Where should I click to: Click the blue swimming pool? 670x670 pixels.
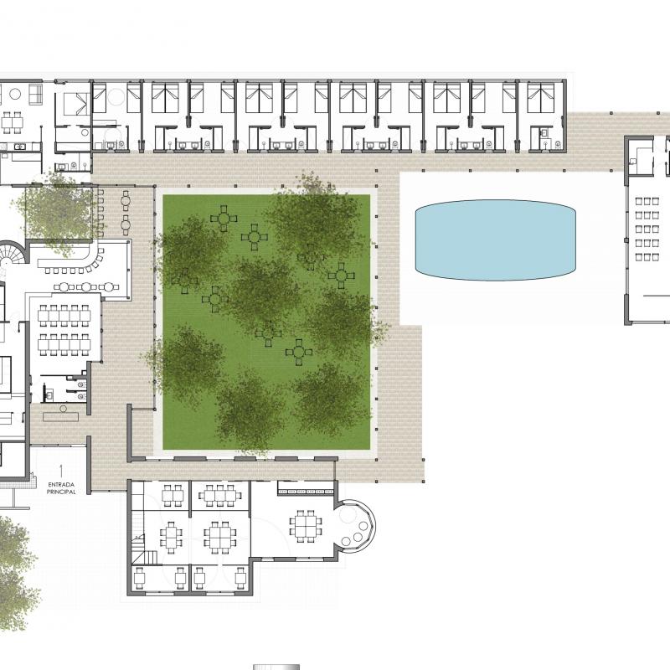tap(496, 240)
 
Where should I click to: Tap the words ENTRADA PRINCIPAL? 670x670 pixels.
tap(61, 488)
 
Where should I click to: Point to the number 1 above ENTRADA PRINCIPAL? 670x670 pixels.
tap(61, 472)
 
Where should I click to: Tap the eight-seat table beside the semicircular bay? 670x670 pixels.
tap(306, 526)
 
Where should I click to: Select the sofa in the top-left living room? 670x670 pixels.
tap(35, 94)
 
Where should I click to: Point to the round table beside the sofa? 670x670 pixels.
tap(15, 94)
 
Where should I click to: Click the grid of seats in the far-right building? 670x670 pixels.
tap(647, 229)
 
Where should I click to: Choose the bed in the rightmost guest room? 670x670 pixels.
tap(540, 98)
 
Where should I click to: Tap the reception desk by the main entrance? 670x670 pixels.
tap(60, 416)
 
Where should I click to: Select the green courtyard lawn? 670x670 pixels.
tap(266, 322)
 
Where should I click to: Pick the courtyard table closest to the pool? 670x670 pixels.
tap(342, 276)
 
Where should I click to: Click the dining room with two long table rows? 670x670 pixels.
tap(65, 329)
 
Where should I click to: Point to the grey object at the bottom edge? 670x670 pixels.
tap(276, 667)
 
